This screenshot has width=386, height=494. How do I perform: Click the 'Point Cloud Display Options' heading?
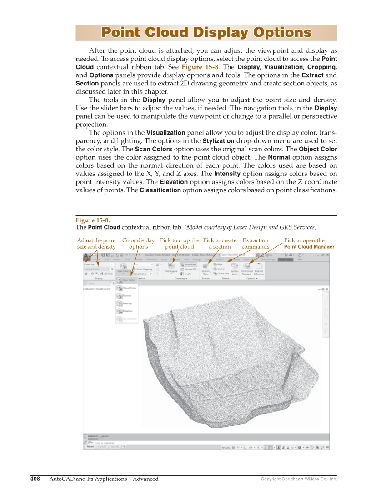[x=206, y=33]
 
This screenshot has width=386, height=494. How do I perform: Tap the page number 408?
[x=35, y=479]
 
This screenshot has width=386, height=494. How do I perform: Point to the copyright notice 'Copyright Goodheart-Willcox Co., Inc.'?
[x=299, y=479]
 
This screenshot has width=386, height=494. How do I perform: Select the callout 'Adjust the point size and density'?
[x=96, y=244]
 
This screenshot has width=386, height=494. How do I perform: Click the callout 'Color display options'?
[x=138, y=244]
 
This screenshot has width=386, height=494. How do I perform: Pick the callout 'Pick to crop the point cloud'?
[x=180, y=244]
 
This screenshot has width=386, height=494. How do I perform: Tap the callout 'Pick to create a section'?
[x=220, y=244]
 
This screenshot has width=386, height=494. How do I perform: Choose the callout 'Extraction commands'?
[x=256, y=244]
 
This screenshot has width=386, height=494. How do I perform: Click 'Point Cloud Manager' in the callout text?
[x=309, y=247]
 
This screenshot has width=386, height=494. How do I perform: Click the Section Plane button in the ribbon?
[x=206, y=269]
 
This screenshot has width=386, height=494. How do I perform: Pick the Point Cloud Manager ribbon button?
[x=246, y=269]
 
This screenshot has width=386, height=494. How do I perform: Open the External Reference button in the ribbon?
[x=259, y=269]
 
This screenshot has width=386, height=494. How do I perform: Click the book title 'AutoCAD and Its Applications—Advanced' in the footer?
[x=104, y=479]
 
